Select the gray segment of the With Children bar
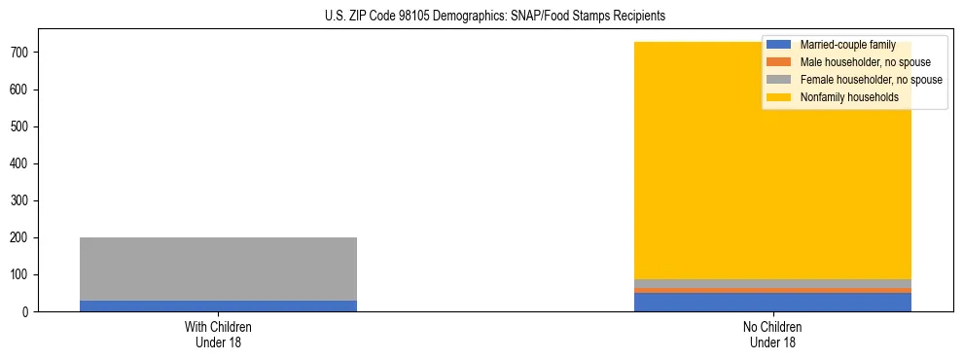218,269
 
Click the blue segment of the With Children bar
218,306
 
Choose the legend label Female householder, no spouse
871,80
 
